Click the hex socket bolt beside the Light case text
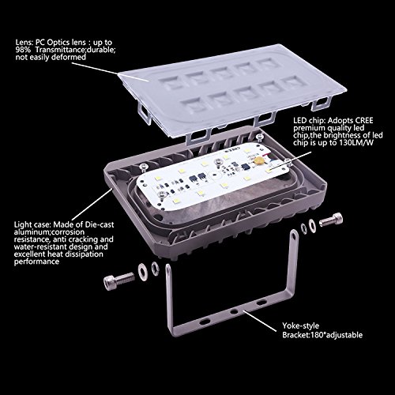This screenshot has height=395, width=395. pos(119,280)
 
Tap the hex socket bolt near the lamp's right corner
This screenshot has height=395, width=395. pos(331,221)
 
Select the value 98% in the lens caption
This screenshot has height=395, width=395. pos(23,50)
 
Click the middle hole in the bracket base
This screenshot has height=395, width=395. pos(233,312)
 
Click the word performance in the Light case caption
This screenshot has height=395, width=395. pos(36,261)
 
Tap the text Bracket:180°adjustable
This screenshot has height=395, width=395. pos(322,335)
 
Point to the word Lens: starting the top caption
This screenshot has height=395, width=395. pos(24,43)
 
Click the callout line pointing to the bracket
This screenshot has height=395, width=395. pos(260,321)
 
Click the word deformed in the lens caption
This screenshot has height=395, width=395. pos(69,57)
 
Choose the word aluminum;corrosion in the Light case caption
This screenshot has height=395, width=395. pos(49,232)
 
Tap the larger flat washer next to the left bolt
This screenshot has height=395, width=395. pos(143,270)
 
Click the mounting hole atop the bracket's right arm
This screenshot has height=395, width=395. pos(294,236)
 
